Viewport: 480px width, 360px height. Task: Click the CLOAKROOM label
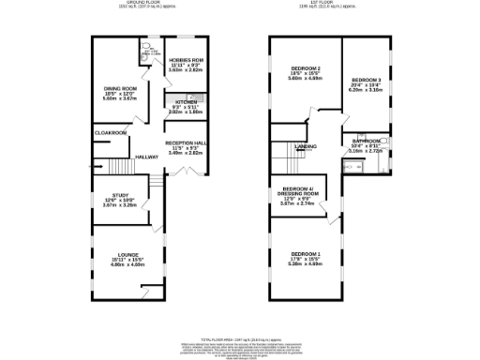[x=111, y=133]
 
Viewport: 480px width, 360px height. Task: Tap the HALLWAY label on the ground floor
[x=147, y=157]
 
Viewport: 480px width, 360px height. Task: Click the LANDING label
[x=305, y=147]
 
